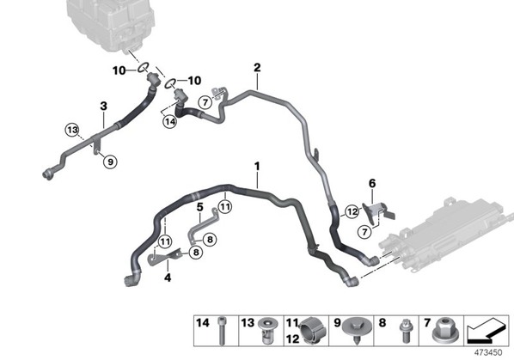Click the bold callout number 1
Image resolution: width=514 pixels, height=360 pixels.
(x=257, y=167)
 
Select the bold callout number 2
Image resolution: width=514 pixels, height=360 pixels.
(x=257, y=68)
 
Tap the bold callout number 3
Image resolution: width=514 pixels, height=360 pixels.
(x=104, y=106)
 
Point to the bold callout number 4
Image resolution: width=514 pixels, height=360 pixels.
(x=168, y=278)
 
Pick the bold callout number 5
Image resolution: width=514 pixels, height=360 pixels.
(x=200, y=207)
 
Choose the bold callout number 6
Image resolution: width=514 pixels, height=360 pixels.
(x=372, y=184)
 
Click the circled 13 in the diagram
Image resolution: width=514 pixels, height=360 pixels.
(x=72, y=130)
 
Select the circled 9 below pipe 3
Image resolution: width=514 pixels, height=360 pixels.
(x=110, y=162)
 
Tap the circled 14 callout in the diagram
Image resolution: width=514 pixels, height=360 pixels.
(x=170, y=122)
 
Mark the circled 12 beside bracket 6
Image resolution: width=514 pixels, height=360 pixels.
(x=352, y=211)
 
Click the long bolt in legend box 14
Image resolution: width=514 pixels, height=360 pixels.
(x=222, y=331)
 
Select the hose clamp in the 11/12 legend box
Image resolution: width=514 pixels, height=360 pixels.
(x=313, y=331)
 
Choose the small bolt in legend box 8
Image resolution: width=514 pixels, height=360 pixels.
(x=405, y=331)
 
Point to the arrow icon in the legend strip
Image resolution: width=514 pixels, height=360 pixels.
(x=486, y=331)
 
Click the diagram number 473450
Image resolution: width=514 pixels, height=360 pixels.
(x=488, y=352)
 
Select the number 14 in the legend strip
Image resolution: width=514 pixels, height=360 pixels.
(x=202, y=323)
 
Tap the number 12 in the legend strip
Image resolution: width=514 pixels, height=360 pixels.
(x=292, y=339)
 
